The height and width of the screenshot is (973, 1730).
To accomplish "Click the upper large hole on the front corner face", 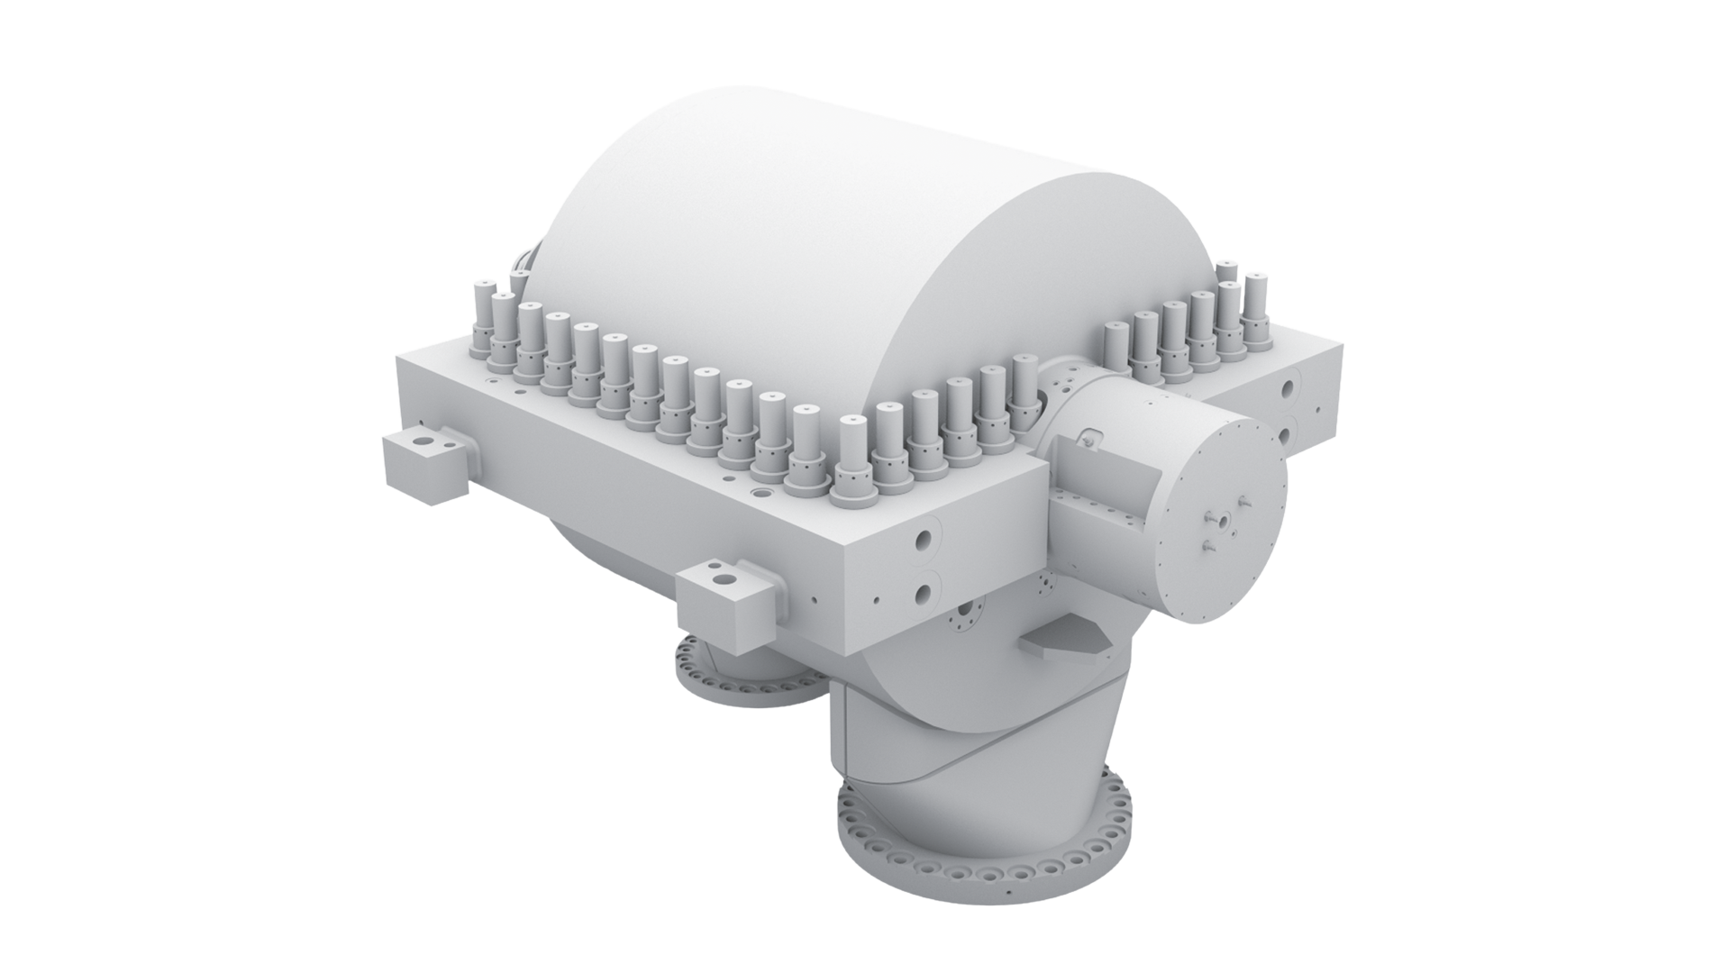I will point(924,540).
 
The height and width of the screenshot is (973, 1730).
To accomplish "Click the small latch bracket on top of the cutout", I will point(1090,438).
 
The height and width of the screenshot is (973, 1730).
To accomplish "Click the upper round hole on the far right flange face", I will point(1289,388).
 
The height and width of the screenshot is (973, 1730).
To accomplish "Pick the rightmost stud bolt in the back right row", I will point(1254,311).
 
